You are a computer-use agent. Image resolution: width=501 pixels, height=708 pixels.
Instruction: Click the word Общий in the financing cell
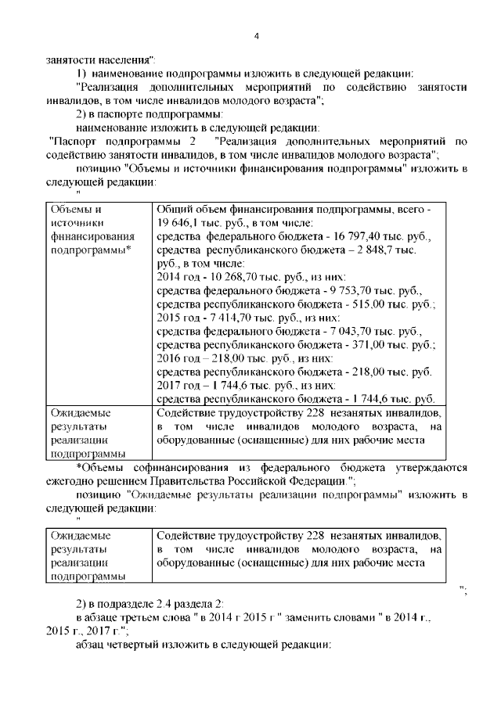[175, 209]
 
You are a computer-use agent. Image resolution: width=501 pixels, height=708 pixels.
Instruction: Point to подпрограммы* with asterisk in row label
[92, 250]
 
